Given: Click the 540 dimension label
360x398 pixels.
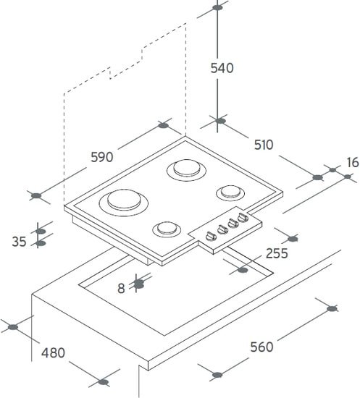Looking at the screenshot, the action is pyautogui.click(x=222, y=68).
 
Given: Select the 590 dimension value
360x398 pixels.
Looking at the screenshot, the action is pyautogui.click(x=102, y=157).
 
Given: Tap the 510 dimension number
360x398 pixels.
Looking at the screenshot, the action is pyautogui.click(x=264, y=145).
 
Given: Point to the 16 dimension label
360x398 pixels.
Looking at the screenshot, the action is pyautogui.click(x=353, y=162).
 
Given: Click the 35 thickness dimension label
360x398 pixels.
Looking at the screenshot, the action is pyautogui.click(x=19, y=242).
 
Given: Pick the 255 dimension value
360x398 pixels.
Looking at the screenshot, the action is pyautogui.click(x=277, y=253).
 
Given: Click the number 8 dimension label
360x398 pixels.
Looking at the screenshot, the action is pyautogui.click(x=121, y=288).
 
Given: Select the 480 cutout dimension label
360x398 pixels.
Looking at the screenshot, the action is pyautogui.click(x=53, y=353).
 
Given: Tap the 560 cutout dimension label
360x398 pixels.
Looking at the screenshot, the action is pyautogui.click(x=261, y=347).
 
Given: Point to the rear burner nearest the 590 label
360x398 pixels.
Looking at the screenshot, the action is pyautogui.click(x=186, y=169).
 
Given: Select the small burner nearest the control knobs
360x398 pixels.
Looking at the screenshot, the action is pyautogui.click(x=230, y=192).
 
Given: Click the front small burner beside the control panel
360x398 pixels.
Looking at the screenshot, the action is pyautogui.click(x=167, y=229).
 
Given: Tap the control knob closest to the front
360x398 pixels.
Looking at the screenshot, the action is pyautogui.click(x=211, y=236).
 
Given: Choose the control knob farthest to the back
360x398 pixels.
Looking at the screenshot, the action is pyautogui.click(x=243, y=218).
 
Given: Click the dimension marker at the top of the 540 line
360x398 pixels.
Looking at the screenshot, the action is pyautogui.click(x=217, y=8).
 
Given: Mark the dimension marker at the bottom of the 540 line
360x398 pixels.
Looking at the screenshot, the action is pyautogui.click(x=220, y=121).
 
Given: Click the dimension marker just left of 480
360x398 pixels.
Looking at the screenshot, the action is pyautogui.click(x=13, y=327).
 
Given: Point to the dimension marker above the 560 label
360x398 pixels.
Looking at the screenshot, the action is pyautogui.click(x=332, y=309).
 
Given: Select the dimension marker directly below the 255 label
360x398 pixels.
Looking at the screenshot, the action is pyautogui.click(x=243, y=270).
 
